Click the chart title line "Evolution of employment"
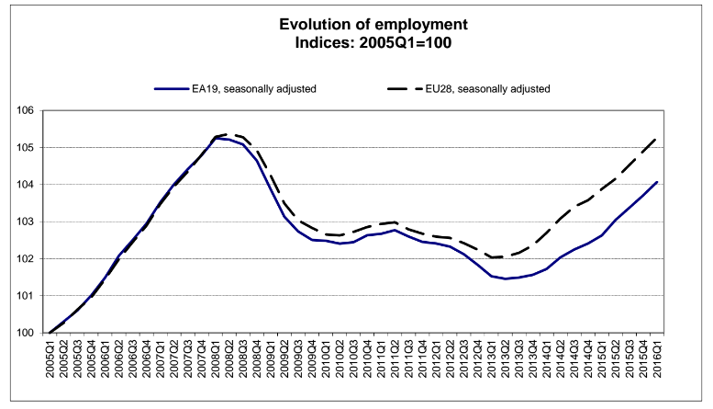pyautogui.click(x=373, y=24)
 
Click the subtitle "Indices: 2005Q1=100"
pyautogui.click(x=373, y=43)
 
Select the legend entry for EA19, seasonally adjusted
pyautogui.click(x=235, y=89)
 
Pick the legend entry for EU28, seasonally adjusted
pyautogui.click(x=469, y=89)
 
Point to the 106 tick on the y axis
pyautogui.click(x=27, y=110)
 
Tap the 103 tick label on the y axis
pyautogui.click(x=27, y=222)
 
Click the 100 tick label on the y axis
pyautogui.click(x=27, y=333)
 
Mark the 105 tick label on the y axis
pyautogui.click(x=27, y=148)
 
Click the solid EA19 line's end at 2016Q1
pyautogui.click(x=657, y=182)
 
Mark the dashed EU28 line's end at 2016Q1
pyautogui.click(x=656, y=139)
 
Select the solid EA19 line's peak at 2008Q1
pyautogui.click(x=216, y=138)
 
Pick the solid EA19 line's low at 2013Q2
pyautogui.click(x=506, y=278)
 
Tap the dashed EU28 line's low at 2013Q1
pyautogui.click(x=492, y=257)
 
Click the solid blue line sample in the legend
pyautogui.click(x=172, y=89)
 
